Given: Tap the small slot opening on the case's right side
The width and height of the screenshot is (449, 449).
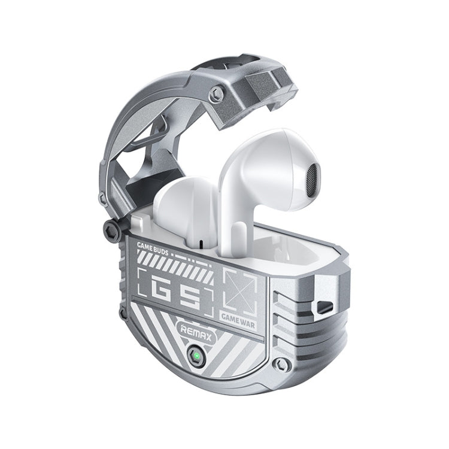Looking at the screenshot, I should [x=324, y=307].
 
